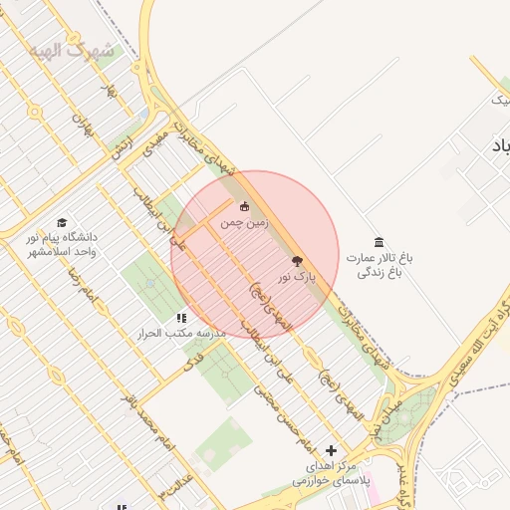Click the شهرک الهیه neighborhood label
72,49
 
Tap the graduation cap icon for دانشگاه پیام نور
63,223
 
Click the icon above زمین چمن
245,207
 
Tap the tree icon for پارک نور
296,260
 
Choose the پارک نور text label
297,275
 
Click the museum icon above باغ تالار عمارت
379,242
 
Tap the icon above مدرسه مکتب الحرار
180,318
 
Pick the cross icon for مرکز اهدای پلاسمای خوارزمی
332,451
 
